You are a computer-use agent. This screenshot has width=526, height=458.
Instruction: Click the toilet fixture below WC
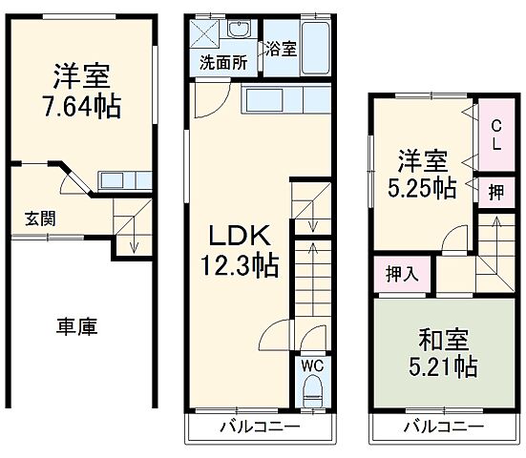coord(312,391)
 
